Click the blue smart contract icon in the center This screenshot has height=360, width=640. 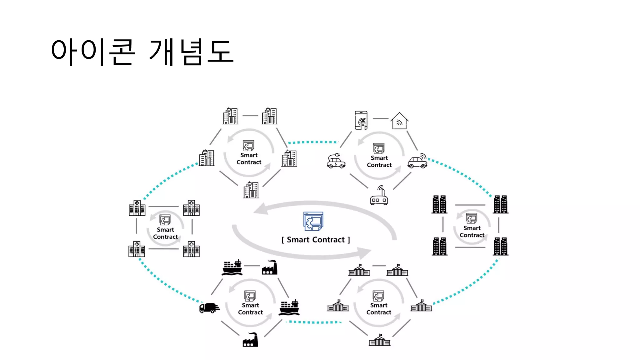click(313, 221)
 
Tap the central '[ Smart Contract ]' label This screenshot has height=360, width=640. click(316, 240)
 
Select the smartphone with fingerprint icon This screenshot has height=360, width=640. click(361, 120)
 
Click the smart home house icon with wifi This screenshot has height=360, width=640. click(399, 121)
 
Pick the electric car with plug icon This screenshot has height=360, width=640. click(336, 161)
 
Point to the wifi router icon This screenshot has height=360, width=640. click(379, 196)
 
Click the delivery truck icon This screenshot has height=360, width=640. click(209, 308)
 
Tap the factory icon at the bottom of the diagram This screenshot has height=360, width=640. click(251, 340)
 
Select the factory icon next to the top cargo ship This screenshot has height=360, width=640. click(270, 267)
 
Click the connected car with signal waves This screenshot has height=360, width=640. click(417, 161)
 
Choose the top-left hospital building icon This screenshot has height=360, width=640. click(137, 208)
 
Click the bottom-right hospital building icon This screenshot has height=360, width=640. click(191, 249)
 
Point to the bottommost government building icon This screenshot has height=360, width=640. click(380, 340)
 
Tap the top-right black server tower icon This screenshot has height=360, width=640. click(500, 204)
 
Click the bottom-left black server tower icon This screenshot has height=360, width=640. click(439, 246)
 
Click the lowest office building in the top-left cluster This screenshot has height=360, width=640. click(251, 190)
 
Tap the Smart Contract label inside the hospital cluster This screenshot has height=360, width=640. click(165, 233)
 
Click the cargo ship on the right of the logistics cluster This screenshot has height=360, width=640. click(289, 307)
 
